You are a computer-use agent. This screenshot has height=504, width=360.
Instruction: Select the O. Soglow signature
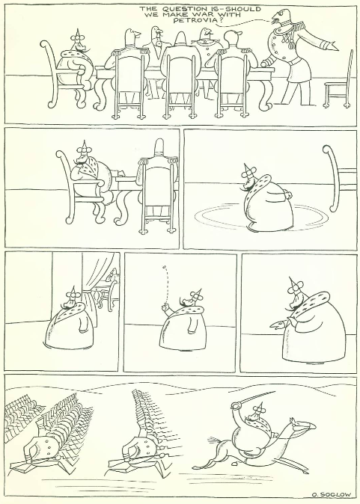click(331, 495)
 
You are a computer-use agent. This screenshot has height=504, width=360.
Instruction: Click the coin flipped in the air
click(163, 267)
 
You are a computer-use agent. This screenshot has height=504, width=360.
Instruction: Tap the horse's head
click(302, 426)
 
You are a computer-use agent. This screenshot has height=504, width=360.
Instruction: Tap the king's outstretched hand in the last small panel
click(278, 325)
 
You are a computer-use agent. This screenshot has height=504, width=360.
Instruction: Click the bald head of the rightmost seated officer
click(234, 39)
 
